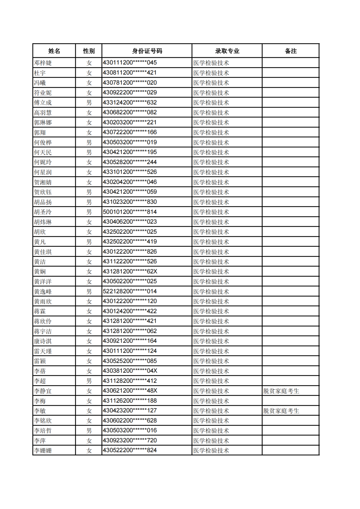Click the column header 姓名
pos(54,51)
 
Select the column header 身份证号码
pos(147,51)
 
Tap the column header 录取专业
pos(227,51)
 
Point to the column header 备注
pos(291,51)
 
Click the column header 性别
pos(89,51)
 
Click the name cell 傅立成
pos(43,103)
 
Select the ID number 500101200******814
pos(130,212)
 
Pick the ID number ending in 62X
pos(130,272)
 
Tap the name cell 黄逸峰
pos(43,292)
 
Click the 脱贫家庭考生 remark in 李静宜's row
pos(281,391)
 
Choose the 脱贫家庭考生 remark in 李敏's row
pos(281,411)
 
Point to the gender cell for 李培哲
pos(89,431)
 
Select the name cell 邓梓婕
pos(43,63)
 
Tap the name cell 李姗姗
pos(43,451)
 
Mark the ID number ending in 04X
pos(130,371)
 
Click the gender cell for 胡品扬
pos(89,202)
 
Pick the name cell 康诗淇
pos(43,341)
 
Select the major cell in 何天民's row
pos(211,152)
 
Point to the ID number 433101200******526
pos(130,172)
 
